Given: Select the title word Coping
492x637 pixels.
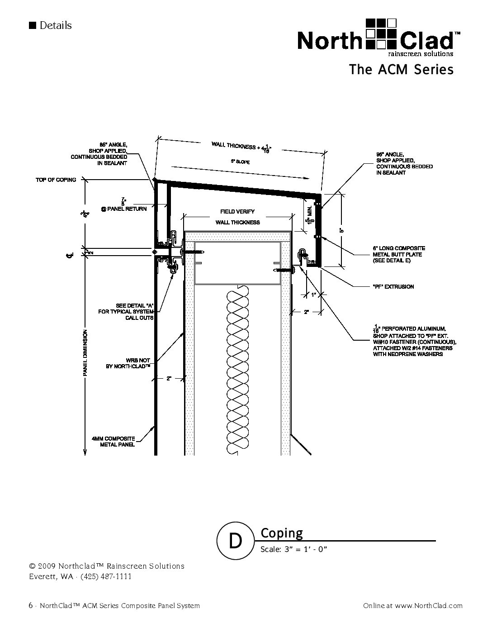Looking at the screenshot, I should (x=282, y=533).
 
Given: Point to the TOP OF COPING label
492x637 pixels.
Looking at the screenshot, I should (x=56, y=180).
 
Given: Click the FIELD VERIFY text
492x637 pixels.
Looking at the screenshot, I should (x=237, y=211).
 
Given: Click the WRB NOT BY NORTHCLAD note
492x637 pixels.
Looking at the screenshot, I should (x=128, y=363).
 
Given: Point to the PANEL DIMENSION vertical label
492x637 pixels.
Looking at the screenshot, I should (x=85, y=353).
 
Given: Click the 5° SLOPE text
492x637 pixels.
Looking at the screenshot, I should (x=241, y=161).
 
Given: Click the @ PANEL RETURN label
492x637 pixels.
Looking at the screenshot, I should (x=124, y=209).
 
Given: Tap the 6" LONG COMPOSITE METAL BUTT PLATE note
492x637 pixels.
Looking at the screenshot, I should (x=399, y=254).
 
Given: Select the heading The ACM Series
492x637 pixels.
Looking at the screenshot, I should (x=401, y=70).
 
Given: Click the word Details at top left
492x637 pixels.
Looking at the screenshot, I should (x=55, y=25).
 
